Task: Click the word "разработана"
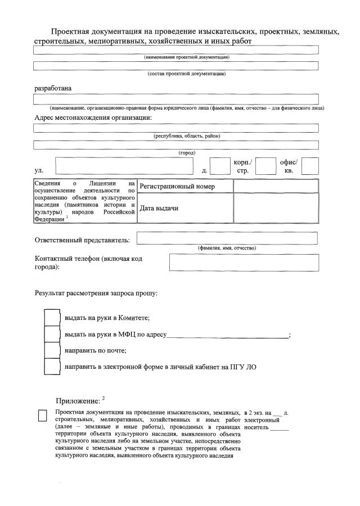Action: (x=53, y=88)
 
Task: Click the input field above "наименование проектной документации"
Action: (x=175, y=49)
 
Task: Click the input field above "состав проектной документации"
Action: (x=175, y=66)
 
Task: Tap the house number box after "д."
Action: (x=220, y=166)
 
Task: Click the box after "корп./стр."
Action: (x=265, y=166)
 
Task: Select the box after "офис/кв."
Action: (x=310, y=166)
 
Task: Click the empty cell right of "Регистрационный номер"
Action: (x=276, y=186)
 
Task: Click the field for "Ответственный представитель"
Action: (x=227, y=238)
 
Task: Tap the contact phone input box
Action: (x=243, y=263)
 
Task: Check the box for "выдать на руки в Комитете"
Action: (x=52, y=318)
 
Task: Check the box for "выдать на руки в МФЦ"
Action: (x=52, y=334)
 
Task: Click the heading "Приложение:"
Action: (x=77, y=401)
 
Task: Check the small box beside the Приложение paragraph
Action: (x=42, y=415)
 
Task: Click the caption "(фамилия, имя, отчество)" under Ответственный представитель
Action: (x=227, y=248)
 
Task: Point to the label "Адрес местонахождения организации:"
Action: (x=93, y=118)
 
